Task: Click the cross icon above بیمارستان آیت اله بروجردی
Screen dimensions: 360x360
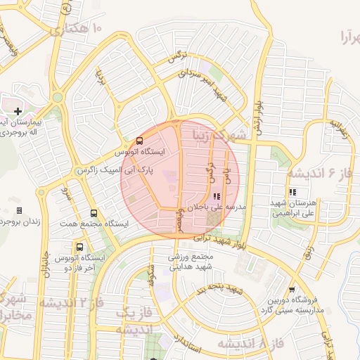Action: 18,111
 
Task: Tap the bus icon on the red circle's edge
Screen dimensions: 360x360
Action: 139,141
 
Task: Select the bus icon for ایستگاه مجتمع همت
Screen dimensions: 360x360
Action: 94,214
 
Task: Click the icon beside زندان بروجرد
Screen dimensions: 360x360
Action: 19,210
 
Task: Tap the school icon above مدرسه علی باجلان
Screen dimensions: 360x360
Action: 215,196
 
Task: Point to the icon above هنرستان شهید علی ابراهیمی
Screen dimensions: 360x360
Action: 292,191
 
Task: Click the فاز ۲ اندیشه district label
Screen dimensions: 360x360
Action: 70,303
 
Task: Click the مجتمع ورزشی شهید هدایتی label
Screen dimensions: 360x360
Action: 190,263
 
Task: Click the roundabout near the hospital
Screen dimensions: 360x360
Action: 58,97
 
